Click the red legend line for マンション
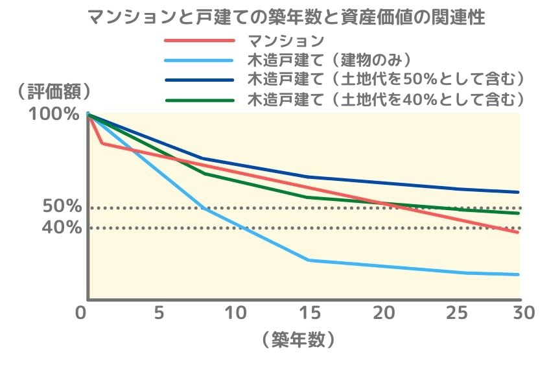198,41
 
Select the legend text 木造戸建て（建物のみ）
331,61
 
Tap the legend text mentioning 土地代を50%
386,80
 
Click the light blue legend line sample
198,61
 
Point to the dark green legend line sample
198,100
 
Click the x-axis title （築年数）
299,340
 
